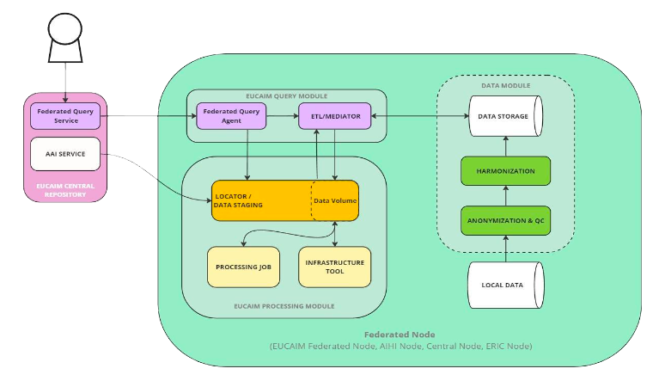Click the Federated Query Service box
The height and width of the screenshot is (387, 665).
click(65, 115)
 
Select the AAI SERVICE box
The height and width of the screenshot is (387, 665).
click(65, 154)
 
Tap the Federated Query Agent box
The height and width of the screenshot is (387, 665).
click(230, 115)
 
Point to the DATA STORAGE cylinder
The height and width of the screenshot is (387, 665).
click(505, 115)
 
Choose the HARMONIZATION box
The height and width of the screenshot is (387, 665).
click(505, 171)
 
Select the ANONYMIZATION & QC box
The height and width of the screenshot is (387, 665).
click(505, 220)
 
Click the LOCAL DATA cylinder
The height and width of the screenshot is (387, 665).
click(505, 285)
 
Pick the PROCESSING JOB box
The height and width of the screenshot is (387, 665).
click(244, 267)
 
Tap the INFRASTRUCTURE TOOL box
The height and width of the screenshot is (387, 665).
click(334, 267)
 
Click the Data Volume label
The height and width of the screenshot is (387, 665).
click(335, 200)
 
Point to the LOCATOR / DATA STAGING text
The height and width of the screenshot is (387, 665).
click(241, 200)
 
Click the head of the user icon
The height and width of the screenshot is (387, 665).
click(65, 30)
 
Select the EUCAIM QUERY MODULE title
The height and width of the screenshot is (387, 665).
click(285, 95)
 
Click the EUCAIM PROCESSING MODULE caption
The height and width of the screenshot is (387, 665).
click(284, 305)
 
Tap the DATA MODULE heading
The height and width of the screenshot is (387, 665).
click(505, 86)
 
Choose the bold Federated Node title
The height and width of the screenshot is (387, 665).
click(400, 334)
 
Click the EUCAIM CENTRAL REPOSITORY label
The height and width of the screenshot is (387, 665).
click(65, 189)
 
